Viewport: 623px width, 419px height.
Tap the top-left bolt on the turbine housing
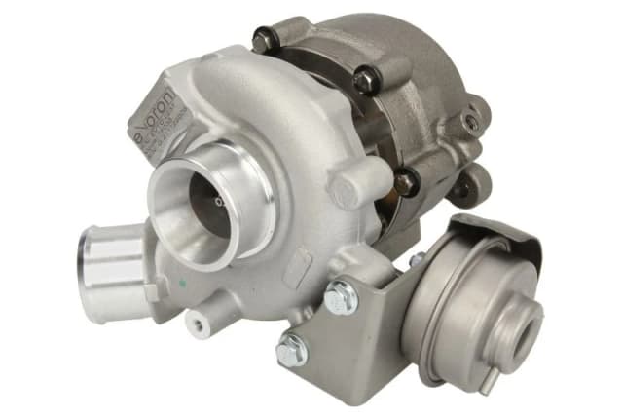click(264, 40)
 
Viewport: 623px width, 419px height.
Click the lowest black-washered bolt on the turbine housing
click(406, 181)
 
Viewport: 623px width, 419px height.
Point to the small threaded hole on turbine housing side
click(471, 122)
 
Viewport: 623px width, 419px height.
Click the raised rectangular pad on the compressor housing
click(302, 263)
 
